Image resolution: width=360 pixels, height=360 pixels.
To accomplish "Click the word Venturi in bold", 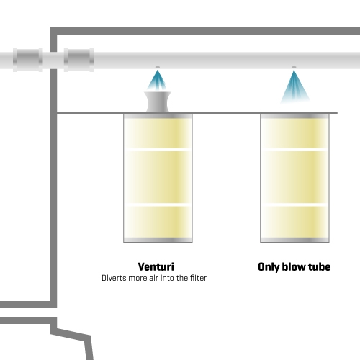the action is [x=156, y=266].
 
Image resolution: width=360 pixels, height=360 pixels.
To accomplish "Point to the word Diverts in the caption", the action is [x=114, y=278].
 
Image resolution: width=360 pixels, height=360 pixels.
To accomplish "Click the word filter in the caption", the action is [x=198, y=278].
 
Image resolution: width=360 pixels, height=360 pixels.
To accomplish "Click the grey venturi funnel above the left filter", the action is [x=158, y=102].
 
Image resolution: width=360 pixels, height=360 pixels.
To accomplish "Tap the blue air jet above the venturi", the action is [x=157, y=81].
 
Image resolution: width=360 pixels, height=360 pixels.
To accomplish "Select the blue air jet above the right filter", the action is [x=294, y=87].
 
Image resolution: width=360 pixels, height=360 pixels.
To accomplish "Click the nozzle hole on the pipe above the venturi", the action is [x=158, y=67].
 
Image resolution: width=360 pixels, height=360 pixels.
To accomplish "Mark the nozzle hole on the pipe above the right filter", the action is [x=294, y=67].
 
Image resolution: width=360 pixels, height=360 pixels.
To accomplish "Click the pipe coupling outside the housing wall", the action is [x=28, y=60].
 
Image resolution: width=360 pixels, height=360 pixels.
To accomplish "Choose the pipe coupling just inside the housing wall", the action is [x=78, y=60].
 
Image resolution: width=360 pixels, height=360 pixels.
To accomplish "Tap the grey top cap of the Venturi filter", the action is [x=158, y=116].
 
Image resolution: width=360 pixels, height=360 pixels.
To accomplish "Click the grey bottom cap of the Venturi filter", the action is [x=158, y=240].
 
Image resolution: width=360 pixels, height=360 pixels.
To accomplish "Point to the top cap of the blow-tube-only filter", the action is [x=294, y=116].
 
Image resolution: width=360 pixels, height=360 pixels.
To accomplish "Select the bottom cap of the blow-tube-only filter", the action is [x=294, y=240].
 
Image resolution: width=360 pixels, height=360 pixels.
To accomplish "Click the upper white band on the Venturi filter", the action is [x=158, y=150].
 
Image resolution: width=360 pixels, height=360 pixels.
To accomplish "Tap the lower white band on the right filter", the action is [x=294, y=204].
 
